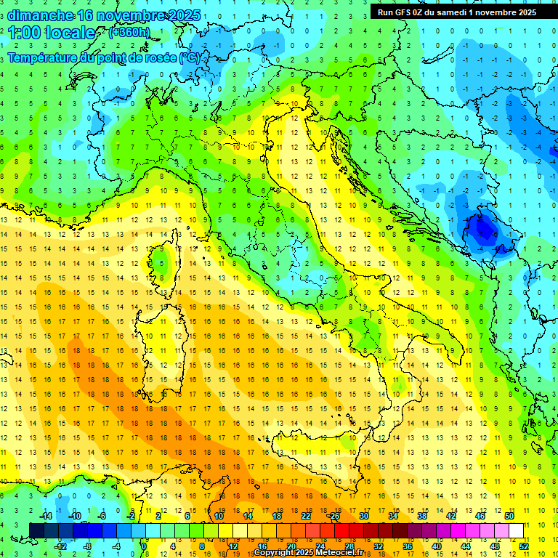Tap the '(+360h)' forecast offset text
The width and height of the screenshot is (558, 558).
130,32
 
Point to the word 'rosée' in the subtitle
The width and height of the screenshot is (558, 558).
153,57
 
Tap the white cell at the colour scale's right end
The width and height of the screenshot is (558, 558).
516,530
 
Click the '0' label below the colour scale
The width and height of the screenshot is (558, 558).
145,546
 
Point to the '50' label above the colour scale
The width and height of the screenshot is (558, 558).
509,515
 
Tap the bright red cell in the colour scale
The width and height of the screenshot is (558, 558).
341,530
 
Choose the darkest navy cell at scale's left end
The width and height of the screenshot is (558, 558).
36,530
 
